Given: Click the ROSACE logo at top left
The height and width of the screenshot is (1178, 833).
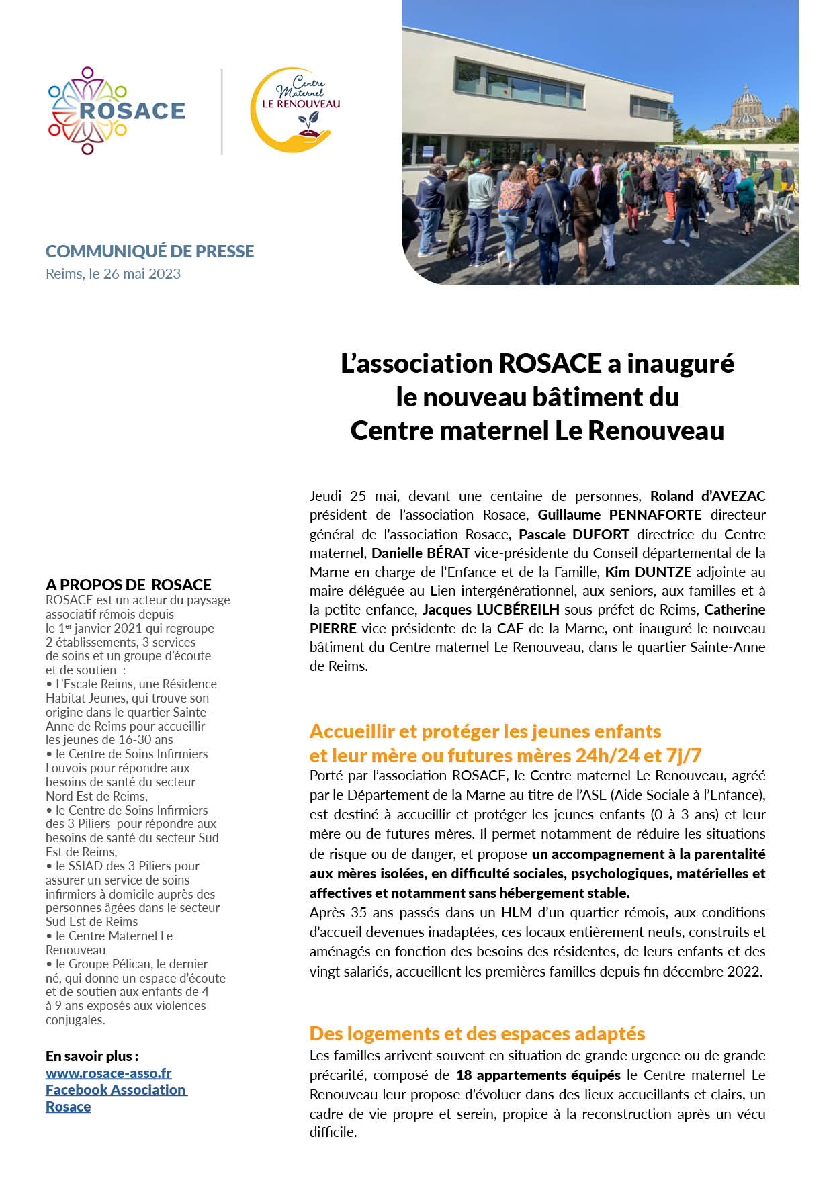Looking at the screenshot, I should tap(116, 111).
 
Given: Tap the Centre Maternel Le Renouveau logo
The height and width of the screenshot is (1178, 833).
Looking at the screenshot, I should tap(296, 109).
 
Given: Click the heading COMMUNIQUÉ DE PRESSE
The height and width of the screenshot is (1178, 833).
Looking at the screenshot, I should tap(150, 251).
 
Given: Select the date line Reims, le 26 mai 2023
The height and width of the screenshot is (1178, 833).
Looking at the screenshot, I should tap(113, 274).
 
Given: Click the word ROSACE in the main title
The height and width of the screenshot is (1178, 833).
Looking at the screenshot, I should tap(550, 363).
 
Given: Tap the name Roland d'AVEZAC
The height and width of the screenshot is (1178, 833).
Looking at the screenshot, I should tap(707, 496).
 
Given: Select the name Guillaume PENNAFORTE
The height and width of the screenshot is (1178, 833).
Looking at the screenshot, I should tap(619, 515).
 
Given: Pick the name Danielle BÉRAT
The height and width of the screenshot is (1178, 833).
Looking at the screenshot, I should tap(421, 553).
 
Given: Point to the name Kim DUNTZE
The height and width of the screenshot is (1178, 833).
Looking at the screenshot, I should tap(648, 572).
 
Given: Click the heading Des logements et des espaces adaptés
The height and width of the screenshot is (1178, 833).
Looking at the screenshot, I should tap(477, 1033).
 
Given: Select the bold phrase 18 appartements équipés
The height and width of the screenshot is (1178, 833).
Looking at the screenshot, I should tap(538, 1075).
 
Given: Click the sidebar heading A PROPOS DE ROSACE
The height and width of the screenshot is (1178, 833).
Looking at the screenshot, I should tap(128, 585).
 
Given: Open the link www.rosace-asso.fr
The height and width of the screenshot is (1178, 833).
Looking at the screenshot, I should tap(109, 1073).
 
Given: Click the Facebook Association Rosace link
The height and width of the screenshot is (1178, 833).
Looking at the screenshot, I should tap(116, 1090).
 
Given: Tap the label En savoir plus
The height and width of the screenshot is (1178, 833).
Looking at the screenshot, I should tap(92, 1056).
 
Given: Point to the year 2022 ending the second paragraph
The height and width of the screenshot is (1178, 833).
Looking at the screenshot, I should tap(744, 971).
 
